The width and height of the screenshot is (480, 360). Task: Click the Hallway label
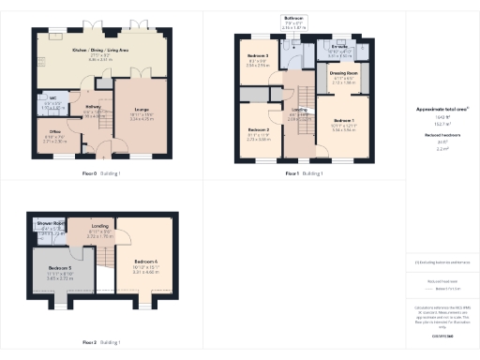pos(94,107)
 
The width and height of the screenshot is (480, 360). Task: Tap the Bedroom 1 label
pos(345,121)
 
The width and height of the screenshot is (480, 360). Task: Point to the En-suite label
pos(339,45)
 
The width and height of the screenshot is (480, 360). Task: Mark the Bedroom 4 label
pos(146,260)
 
